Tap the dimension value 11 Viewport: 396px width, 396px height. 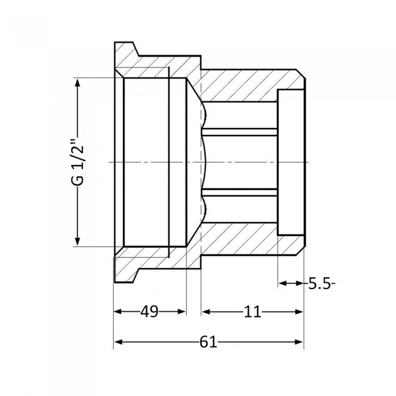pyautogui.click(x=253, y=312)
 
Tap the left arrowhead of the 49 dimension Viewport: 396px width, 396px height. pyautogui.click(x=118, y=312)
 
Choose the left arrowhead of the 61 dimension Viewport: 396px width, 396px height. pyautogui.click(x=118, y=342)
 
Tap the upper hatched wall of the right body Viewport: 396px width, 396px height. pyautogui.click(x=243, y=85)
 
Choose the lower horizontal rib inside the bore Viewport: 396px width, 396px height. pyautogui.click(x=240, y=193)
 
